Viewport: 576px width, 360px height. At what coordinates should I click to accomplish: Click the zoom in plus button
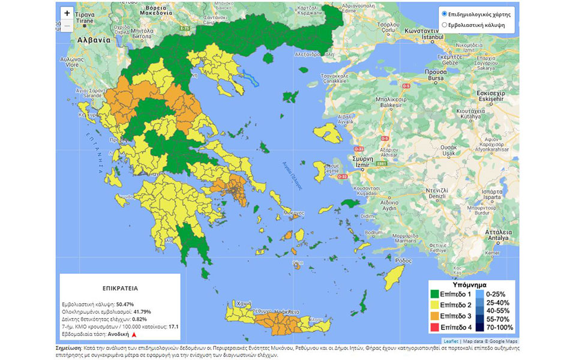point(67,13)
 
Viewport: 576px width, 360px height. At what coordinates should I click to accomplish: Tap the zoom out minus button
point(67,26)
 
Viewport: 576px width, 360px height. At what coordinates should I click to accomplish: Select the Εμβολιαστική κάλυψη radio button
point(444,25)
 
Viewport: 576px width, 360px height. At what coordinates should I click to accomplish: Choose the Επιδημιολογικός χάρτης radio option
point(444,13)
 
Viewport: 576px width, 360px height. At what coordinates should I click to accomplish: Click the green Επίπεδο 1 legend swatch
point(434,295)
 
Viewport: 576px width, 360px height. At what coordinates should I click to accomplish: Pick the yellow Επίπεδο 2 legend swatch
point(434,305)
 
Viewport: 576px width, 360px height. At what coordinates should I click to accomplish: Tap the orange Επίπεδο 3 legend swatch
point(434,316)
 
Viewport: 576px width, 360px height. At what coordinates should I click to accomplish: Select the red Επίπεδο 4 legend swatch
point(434,327)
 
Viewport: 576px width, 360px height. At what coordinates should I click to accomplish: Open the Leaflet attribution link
point(451,341)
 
